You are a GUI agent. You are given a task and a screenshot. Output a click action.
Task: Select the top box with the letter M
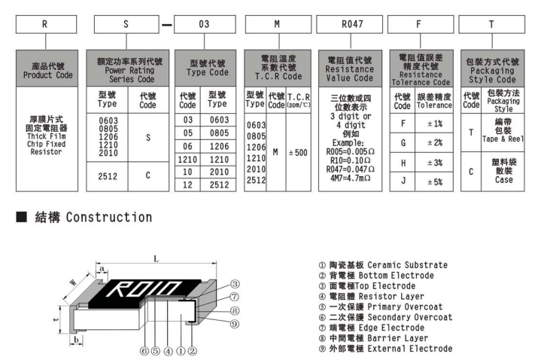point(277,25)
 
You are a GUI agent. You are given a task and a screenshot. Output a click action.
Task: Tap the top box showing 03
point(203,25)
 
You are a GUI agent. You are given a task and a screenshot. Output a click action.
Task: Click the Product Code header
point(48,70)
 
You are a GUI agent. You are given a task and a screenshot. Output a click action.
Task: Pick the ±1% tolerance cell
point(435,123)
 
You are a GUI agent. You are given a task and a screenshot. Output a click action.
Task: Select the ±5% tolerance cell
point(435,181)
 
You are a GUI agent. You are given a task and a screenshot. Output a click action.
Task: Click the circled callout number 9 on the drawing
point(235,323)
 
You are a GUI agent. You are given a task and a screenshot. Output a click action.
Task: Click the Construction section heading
point(82,218)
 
